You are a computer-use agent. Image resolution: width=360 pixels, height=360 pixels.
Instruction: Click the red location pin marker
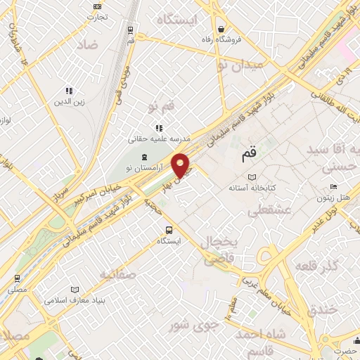(x=181, y=166)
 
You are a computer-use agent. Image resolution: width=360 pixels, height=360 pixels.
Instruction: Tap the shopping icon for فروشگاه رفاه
(x=221, y=30)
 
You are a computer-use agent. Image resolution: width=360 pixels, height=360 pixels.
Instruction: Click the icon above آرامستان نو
(x=145, y=156)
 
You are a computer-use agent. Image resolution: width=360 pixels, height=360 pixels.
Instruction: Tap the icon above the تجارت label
(x=96, y=7)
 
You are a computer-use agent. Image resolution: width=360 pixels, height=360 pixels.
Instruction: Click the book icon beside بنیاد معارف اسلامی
(x=76, y=289)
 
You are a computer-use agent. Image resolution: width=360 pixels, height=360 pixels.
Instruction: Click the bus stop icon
(x=169, y=229)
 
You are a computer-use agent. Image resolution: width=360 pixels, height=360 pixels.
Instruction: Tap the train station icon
(x=131, y=30)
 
